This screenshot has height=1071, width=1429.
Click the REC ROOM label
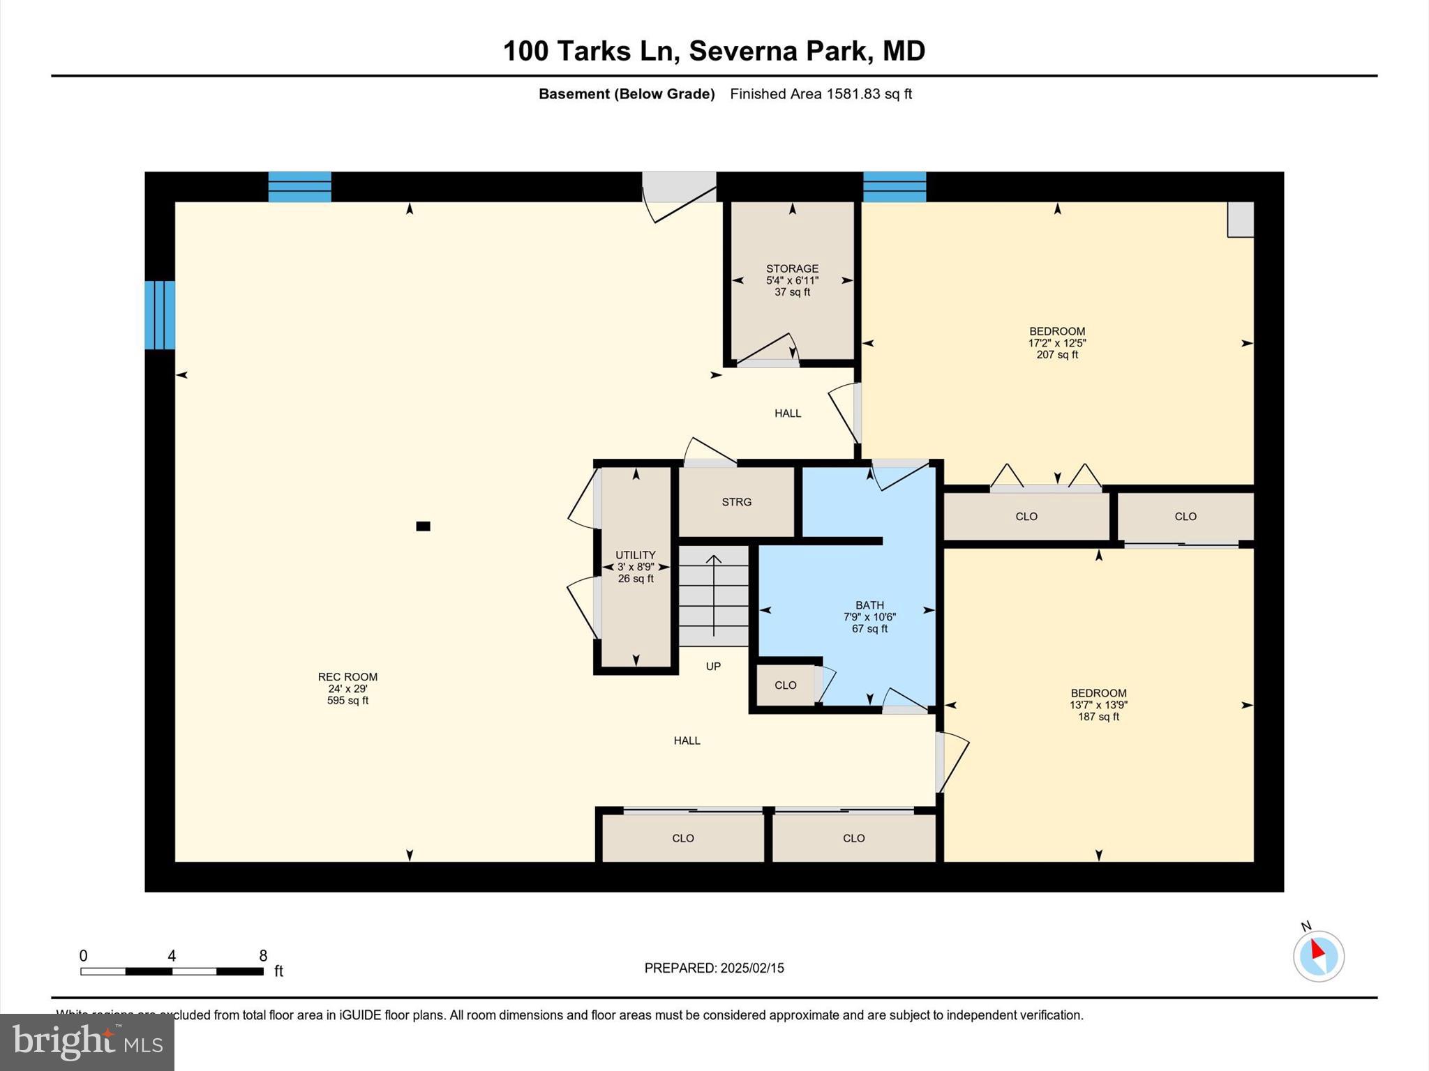[x=347, y=676]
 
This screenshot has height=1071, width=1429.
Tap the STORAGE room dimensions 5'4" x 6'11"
[x=792, y=280]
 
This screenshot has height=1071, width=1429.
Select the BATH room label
[x=869, y=605]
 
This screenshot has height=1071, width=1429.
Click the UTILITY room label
[x=635, y=555]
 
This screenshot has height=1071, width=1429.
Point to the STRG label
[x=736, y=502]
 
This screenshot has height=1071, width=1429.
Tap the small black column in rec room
[x=423, y=526]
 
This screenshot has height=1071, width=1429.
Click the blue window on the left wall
[x=160, y=315]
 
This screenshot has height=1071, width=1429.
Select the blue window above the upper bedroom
[x=895, y=187]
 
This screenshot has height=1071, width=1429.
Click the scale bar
[x=172, y=971]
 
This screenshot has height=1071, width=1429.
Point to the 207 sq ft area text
[x=1057, y=355]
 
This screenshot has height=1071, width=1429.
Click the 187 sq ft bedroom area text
[x=1098, y=717]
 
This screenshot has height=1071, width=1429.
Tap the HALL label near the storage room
[x=788, y=413]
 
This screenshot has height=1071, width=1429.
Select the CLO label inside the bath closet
[x=785, y=685]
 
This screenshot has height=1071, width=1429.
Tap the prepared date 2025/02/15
[x=752, y=968]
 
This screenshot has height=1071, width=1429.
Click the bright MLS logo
[x=87, y=1042]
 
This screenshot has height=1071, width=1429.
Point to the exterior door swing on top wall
[x=680, y=198]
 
